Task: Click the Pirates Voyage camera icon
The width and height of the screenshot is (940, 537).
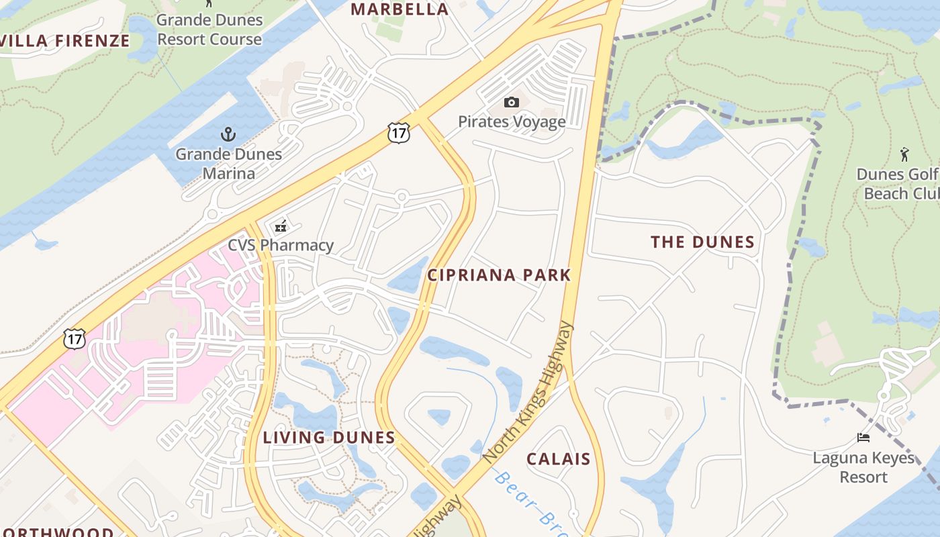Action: coord(512,102)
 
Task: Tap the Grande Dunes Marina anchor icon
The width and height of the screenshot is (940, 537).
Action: coord(228,134)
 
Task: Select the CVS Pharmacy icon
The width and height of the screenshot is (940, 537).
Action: coord(281,226)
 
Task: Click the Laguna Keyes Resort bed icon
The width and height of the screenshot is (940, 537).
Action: coord(863,438)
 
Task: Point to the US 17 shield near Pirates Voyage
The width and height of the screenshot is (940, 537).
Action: coord(399,132)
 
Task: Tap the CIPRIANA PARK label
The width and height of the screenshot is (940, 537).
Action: coord(499,275)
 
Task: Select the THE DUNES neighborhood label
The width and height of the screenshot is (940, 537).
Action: coord(702,242)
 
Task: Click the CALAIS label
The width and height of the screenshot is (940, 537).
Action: coord(559,459)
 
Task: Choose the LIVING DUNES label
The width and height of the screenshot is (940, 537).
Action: coord(329,438)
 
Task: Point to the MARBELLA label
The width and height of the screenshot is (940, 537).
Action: coord(399,9)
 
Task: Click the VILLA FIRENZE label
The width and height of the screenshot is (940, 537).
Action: coord(64,40)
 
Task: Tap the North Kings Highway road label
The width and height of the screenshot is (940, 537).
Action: coord(529,391)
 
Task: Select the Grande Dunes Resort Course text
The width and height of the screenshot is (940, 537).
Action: coord(209,30)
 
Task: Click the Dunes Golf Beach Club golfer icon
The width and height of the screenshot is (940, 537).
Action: coord(904,154)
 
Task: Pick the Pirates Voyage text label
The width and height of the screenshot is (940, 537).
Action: coord(512,121)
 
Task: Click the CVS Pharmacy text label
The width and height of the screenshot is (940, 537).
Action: coord(281,245)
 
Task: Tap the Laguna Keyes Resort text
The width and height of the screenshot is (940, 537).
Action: coord(863,467)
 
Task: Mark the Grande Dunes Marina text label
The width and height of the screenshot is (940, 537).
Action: coord(228,163)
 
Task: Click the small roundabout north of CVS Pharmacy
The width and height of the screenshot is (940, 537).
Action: coord(402,197)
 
